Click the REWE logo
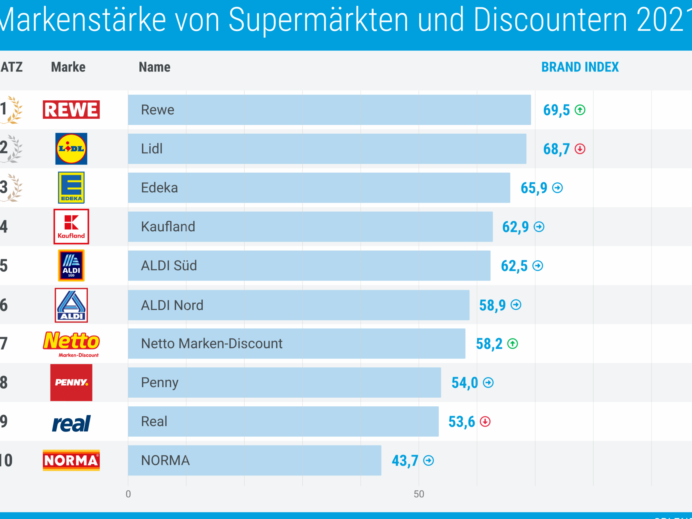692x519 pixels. coord(71,110)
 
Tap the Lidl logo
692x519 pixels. coord(71,149)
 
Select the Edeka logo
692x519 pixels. coord(71,187)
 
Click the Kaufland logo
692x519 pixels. coord(71,226)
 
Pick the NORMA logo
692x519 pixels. coord(71,460)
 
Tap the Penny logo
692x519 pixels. coord(71,382)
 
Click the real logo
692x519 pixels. coord(71,423)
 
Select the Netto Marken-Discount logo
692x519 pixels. coord(71,344)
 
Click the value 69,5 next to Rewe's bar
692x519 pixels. coord(556,110)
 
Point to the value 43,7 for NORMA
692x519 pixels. coord(405,460)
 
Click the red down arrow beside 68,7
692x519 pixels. coord(580,149)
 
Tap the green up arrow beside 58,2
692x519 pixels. coord(512,344)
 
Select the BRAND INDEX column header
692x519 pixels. coord(580,67)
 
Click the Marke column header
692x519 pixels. coord(68,67)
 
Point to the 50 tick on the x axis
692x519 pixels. coord(419,494)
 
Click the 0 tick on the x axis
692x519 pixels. coord(128,494)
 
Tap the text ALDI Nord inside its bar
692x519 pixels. coord(172,305)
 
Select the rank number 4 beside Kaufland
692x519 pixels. coord(4,226)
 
